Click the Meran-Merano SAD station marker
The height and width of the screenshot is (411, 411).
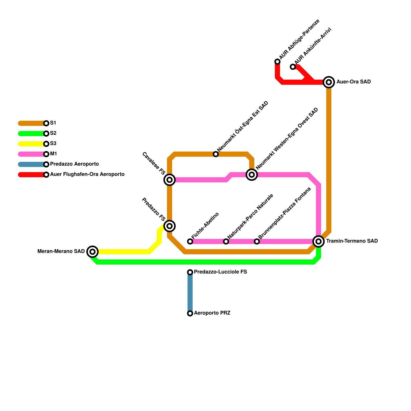92,251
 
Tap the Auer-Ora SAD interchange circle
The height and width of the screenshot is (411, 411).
329,82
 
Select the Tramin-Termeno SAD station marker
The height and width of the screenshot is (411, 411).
319,241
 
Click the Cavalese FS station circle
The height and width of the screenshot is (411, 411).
170,180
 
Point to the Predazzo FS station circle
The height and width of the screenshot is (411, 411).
170,226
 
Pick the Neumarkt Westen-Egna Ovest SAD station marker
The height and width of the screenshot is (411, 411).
252,175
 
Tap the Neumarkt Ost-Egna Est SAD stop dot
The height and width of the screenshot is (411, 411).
216,154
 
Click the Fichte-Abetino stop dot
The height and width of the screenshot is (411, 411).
190,241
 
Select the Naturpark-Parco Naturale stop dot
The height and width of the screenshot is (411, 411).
226,241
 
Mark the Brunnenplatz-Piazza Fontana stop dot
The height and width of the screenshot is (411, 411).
257,241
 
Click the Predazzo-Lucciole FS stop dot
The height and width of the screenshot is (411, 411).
190,272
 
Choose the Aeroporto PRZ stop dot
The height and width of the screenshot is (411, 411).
190,313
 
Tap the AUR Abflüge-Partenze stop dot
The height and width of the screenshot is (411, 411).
277,62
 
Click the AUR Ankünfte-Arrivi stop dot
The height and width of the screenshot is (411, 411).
293,67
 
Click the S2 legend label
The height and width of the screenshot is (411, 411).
53,133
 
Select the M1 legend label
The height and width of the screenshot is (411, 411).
53,154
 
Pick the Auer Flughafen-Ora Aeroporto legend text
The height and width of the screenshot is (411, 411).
87,174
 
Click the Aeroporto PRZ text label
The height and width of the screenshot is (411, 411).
212,313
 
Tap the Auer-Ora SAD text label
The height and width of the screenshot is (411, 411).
353,82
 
